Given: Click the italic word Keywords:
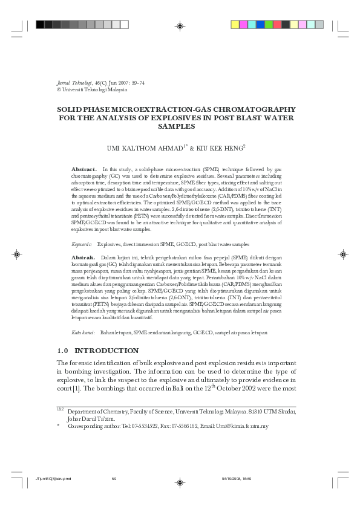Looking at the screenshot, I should tap(82, 244).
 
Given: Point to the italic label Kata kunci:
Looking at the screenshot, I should tap(83, 332).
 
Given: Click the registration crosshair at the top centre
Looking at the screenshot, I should tap(180, 25).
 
